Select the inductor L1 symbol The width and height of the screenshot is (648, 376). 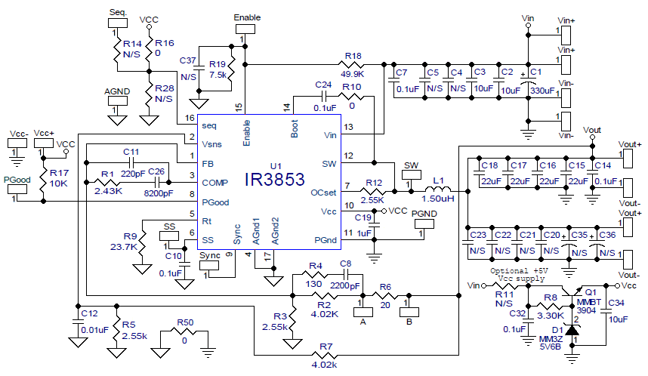[437, 189]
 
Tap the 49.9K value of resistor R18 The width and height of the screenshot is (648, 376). [353, 75]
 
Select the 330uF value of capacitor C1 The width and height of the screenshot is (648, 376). [542, 91]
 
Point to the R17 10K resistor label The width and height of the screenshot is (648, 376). [59, 178]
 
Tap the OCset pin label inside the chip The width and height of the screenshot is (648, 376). [325, 193]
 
